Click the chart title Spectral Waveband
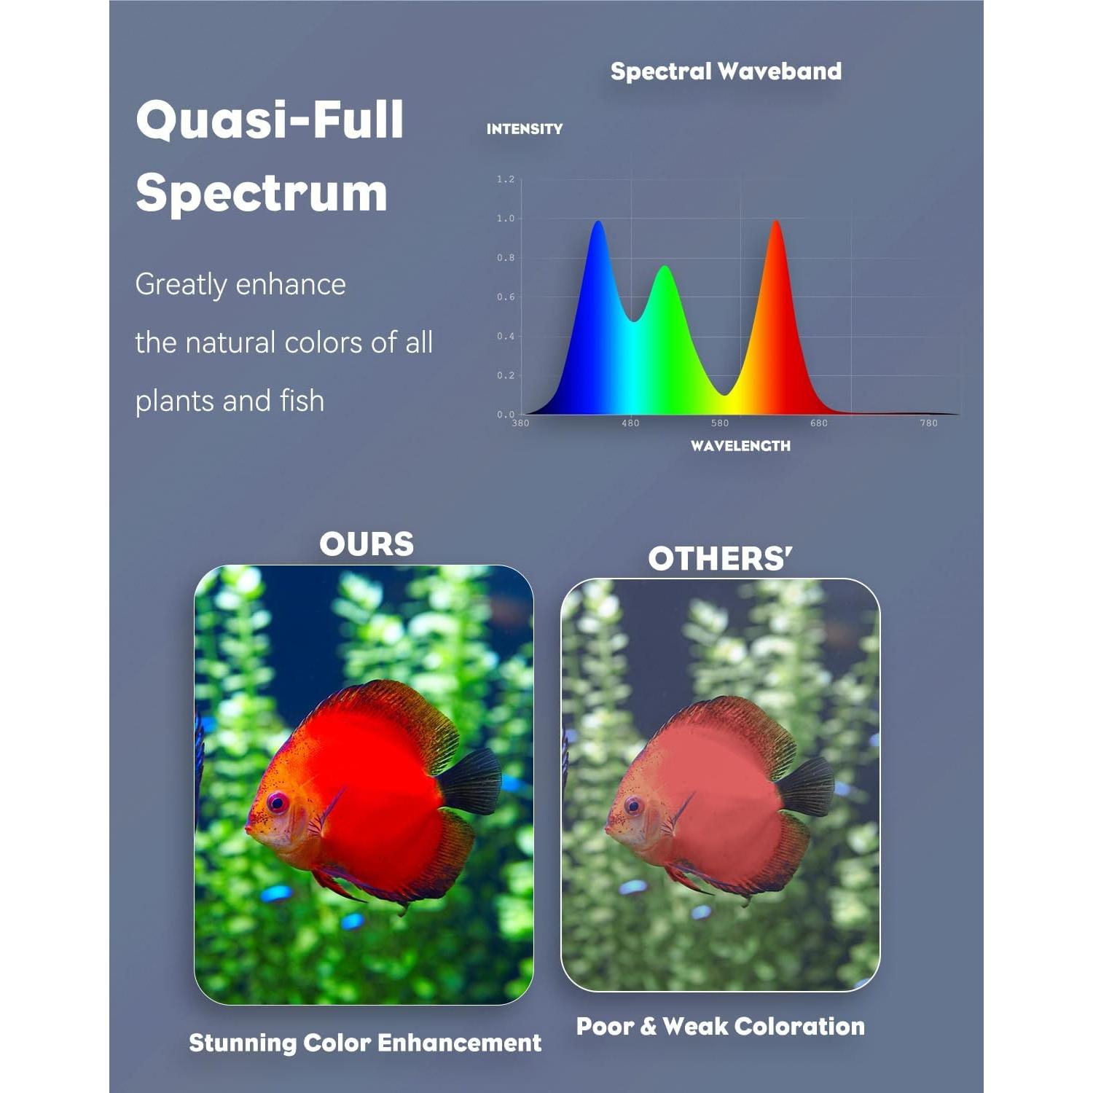coord(726,71)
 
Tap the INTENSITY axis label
coord(525,129)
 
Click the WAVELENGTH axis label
coord(740,446)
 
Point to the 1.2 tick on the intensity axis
coord(506,179)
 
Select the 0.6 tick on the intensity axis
coord(506,297)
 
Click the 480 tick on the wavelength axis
coord(630,423)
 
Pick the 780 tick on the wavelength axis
coord(928,423)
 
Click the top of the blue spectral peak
coord(598,222)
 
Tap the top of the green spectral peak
coord(665,267)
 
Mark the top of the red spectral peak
coord(777,222)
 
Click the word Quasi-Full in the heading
coord(270,121)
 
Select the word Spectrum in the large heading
coord(262,194)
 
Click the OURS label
coord(367,544)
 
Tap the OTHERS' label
coord(720,559)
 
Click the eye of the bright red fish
coord(278,803)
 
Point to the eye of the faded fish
coord(633,806)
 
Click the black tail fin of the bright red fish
coord(471,781)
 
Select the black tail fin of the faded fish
coord(806,787)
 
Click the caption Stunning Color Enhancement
coord(365,1043)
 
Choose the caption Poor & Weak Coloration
coord(721,1026)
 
